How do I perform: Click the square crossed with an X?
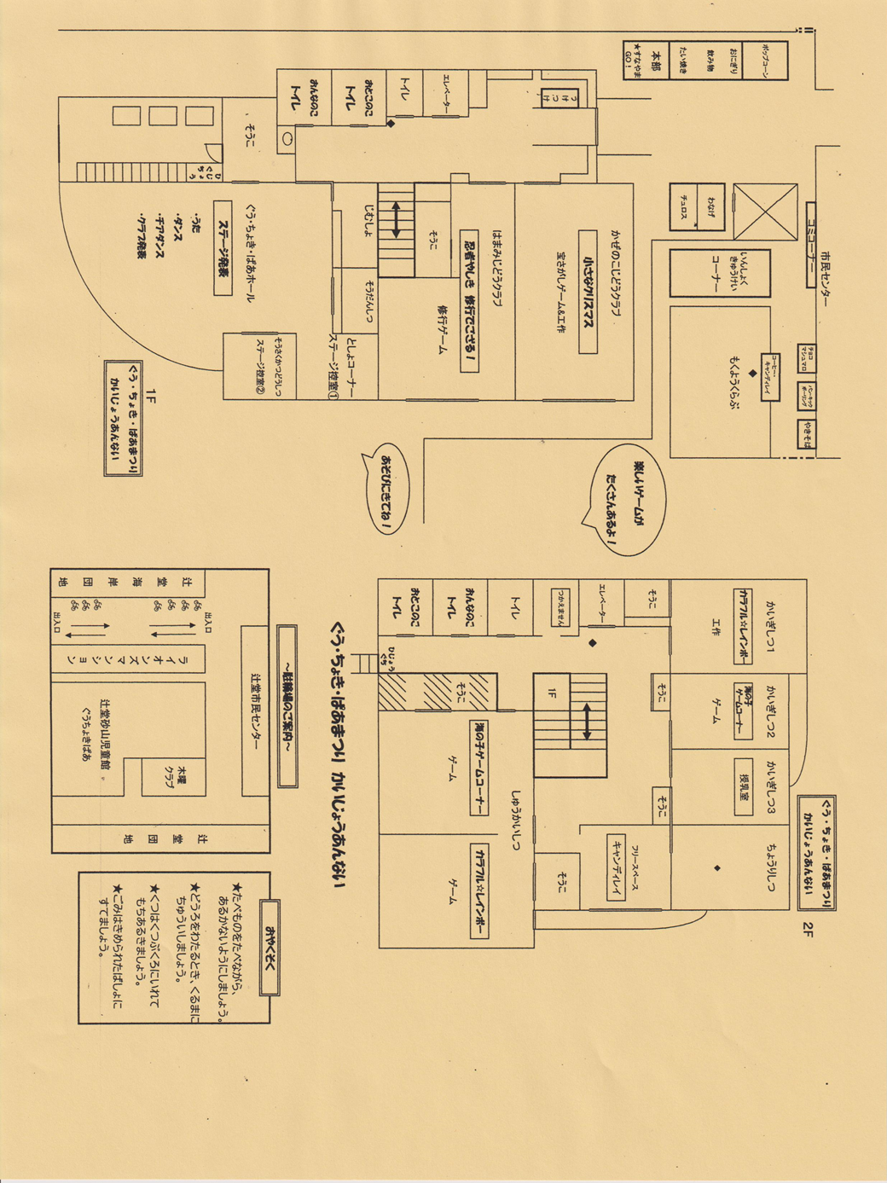pyautogui.click(x=765, y=212)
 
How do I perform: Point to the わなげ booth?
pyautogui.click(x=710, y=206)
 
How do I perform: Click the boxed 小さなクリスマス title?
pyautogui.click(x=587, y=291)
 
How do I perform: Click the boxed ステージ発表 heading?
pyautogui.click(x=223, y=247)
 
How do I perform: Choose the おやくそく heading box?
pyautogui.click(x=270, y=947)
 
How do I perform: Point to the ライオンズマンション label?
pyautogui.click(x=180, y=659)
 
